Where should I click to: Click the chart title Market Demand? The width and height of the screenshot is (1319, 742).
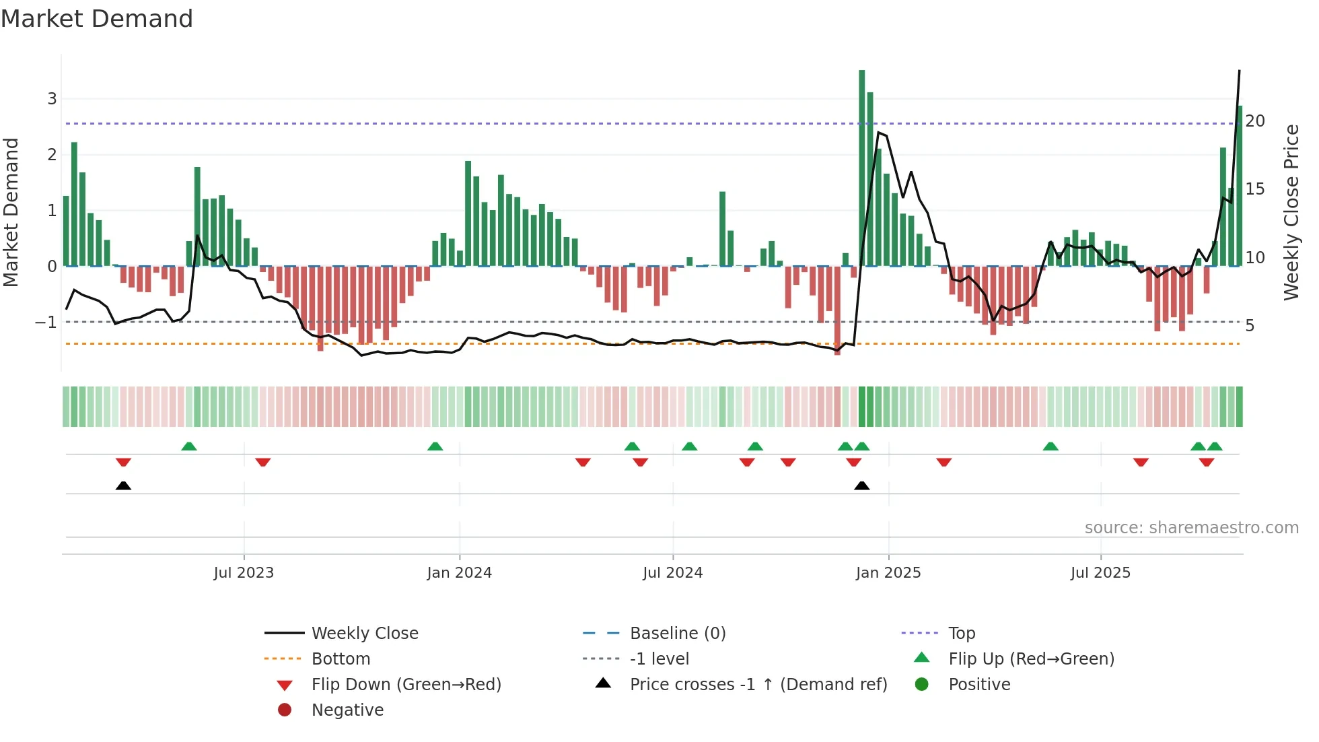pos(97,19)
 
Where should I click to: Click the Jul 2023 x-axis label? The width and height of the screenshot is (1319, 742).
pos(244,573)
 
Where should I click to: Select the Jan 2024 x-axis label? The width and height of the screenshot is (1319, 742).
pos(459,573)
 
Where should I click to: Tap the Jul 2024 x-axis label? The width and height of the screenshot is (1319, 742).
pos(672,573)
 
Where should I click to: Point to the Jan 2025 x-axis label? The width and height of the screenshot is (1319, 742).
pos(888,573)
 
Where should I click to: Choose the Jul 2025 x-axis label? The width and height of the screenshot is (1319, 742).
pos(1100,573)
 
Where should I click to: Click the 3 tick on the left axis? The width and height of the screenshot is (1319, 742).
pos(52,99)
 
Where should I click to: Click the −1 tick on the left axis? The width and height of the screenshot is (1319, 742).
pos(46,323)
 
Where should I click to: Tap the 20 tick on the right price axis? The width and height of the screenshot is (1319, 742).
pos(1255,121)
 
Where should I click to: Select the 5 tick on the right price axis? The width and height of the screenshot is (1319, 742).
pos(1250,326)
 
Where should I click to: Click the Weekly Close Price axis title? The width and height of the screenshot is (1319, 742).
pos(1291,212)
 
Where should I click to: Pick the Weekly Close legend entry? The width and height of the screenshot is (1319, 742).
pos(364,634)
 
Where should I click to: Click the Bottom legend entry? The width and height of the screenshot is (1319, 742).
pos(341,659)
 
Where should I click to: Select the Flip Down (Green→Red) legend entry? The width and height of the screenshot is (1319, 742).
pos(406,685)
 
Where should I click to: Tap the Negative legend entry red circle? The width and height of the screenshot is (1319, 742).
pos(285,710)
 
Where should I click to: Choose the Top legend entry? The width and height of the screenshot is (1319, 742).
pos(961,634)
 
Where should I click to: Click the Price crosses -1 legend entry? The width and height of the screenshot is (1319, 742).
pos(758,685)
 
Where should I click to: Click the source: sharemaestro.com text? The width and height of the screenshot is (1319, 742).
pos(1191,528)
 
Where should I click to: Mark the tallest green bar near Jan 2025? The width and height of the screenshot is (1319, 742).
pos(861,168)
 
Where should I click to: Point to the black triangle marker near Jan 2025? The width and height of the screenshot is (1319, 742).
pos(861,485)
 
